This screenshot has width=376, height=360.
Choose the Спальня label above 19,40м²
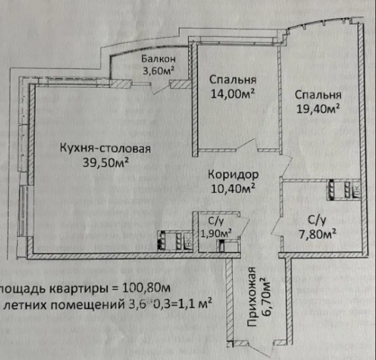pos(319,94)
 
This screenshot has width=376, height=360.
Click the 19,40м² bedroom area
pos(318,107)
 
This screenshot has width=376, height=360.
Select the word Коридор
pos(232,172)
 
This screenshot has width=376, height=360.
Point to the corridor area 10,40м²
pos(232,189)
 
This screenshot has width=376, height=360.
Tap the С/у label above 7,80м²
pos(316,219)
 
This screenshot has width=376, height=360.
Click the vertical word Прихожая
pos(252,297)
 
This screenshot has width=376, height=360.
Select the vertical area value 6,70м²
pos(265,297)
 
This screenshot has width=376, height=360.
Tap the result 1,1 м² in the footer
pos(195,304)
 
